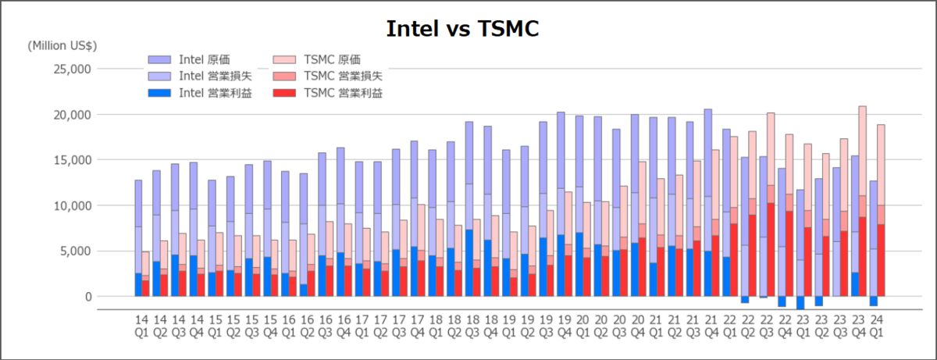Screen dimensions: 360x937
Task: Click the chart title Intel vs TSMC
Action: click(x=463, y=29)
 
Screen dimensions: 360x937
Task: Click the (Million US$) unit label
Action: click(x=62, y=45)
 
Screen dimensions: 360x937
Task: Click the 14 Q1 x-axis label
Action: click(x=141, y=326)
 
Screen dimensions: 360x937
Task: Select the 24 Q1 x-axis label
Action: click(x=877, y=326)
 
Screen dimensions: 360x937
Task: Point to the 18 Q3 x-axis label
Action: click(x=472, y=326)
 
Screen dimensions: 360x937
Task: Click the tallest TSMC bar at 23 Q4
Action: click(x=862, y=156)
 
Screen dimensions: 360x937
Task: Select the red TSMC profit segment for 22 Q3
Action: click(x=771, y=250)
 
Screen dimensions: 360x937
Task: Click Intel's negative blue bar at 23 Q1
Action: click(x=800, y=303)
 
